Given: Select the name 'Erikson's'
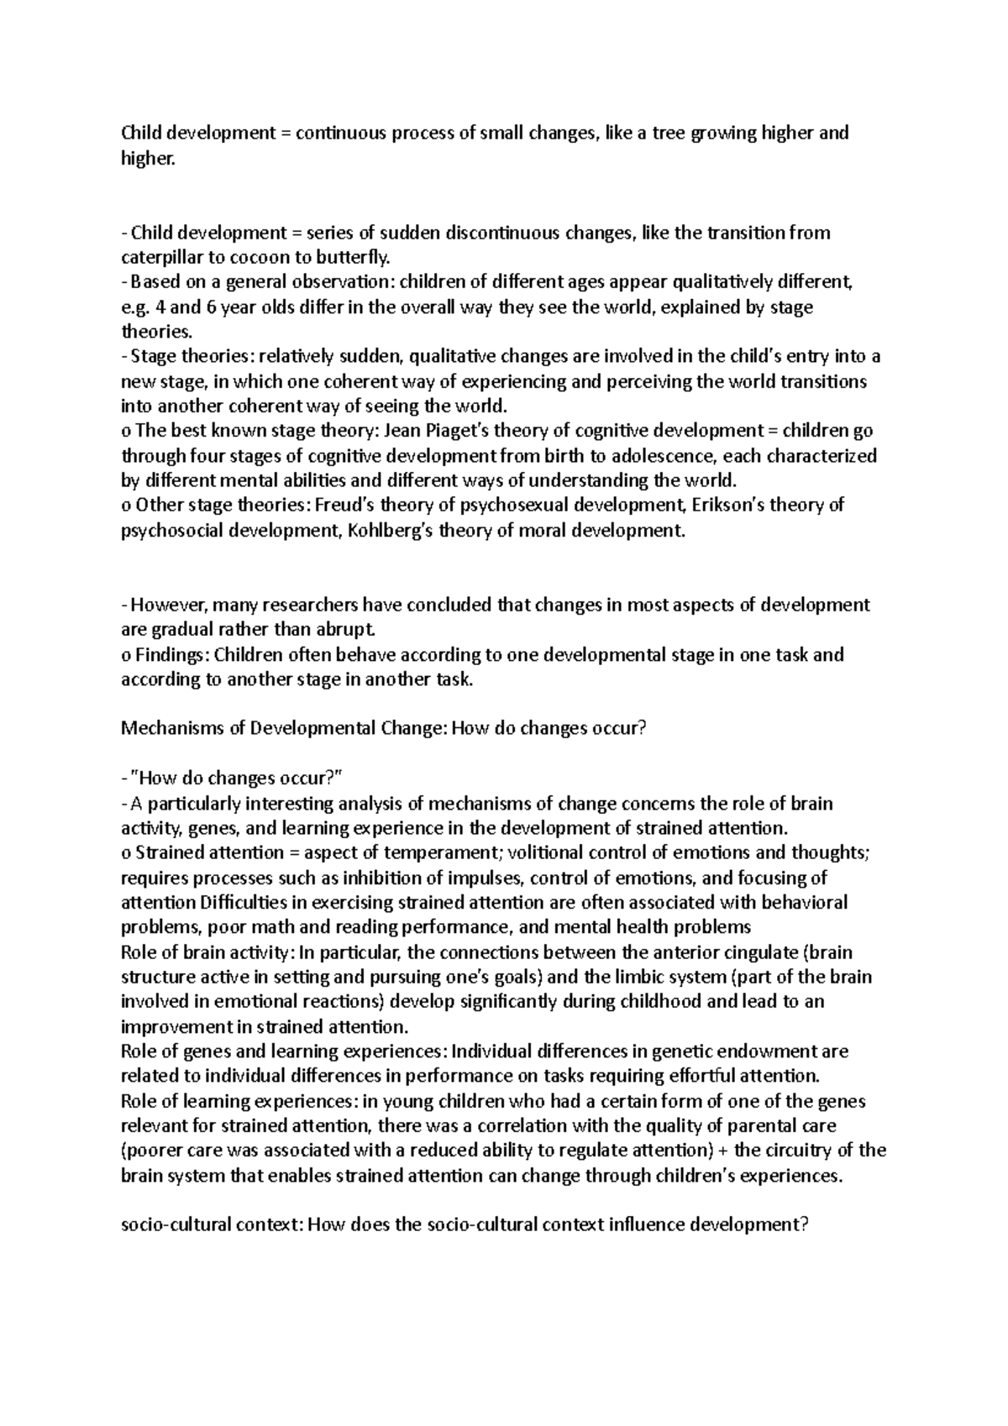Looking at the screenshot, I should [x=725, y=506].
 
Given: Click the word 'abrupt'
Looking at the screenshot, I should [x=335, y=630].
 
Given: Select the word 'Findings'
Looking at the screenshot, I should [x=167, y=654].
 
